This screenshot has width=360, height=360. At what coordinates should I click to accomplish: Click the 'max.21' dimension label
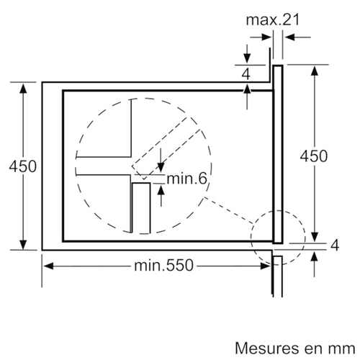(273, 19)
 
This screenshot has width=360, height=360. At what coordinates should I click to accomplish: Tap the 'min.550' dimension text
(163, 265)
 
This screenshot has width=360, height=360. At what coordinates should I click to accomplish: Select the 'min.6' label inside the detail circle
(186, 179)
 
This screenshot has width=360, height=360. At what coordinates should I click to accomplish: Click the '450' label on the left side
(23, 166)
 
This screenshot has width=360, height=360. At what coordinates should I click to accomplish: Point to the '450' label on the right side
(314, 156)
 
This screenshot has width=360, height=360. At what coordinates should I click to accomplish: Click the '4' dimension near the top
(246, 74)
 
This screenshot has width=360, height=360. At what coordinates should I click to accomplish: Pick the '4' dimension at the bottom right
(335, 246)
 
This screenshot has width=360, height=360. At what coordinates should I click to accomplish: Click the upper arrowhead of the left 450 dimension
(23, 88)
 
